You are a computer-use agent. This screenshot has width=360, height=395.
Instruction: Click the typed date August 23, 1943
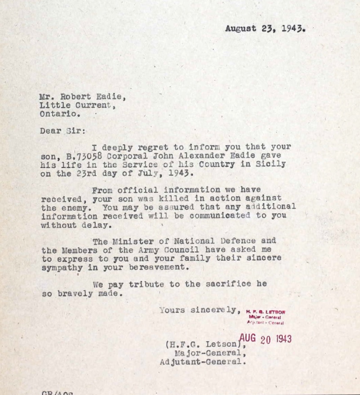[x=265, y=29]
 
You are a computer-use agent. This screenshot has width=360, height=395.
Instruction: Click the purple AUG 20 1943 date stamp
[x=265, y=339]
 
